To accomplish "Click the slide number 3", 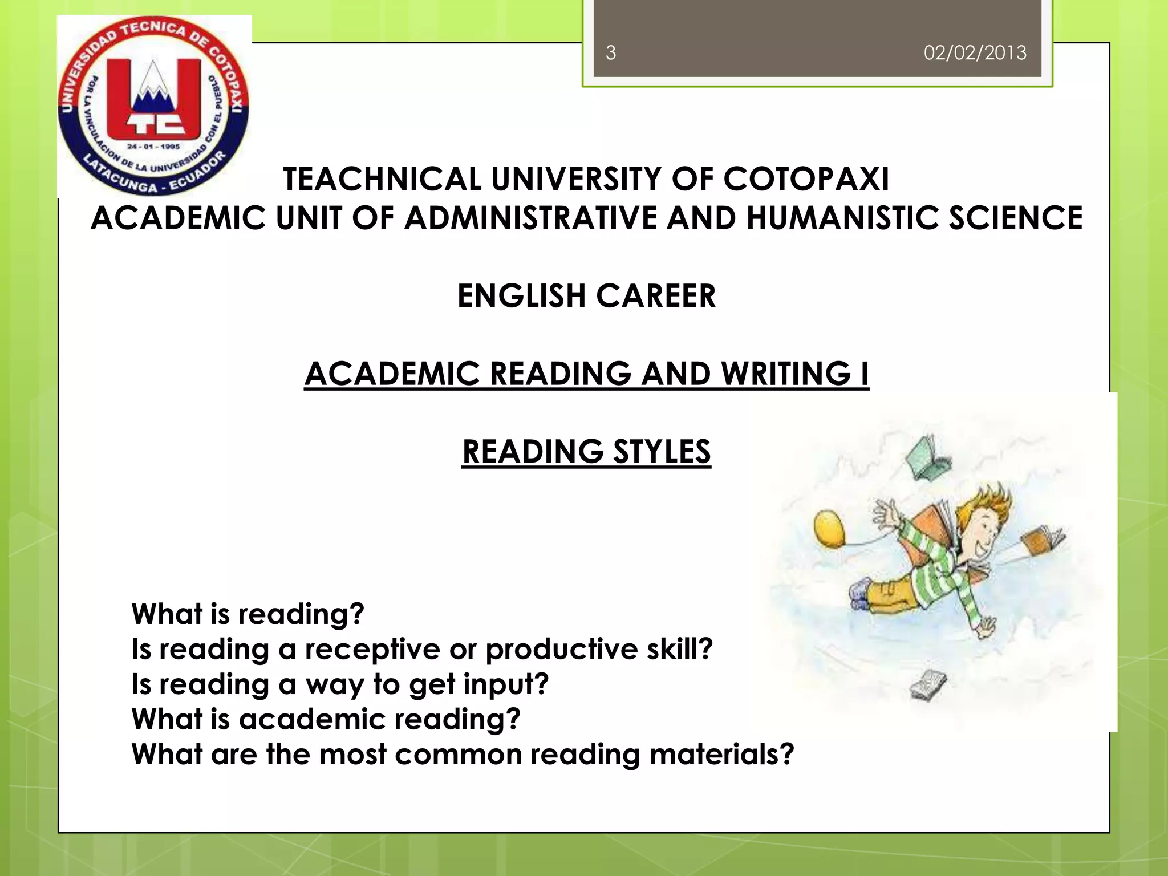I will click(x=610, y=53).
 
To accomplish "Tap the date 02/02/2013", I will click(x=975, y=53).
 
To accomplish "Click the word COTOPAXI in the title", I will click(x=806, y=179).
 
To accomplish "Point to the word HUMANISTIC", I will click(x=842, y=218).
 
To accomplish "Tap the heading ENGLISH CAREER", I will click(x=586, y=296).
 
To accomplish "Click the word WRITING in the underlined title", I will click(x=786, y=374).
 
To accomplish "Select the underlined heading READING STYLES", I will click(x=586, y=452).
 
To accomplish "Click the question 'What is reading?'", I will click(x=248, y=614).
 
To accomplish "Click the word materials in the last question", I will click(x=721, y=754).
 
